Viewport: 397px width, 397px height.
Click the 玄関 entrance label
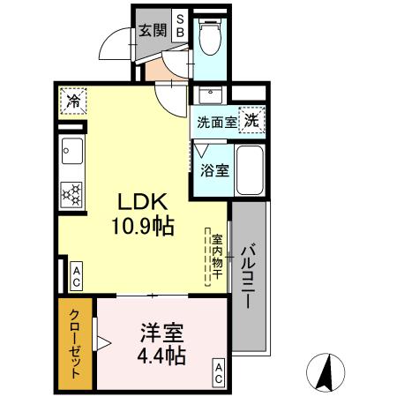click(153, 30)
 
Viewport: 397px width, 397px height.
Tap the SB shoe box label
click(179, 25)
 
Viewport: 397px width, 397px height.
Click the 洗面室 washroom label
click(216, 123)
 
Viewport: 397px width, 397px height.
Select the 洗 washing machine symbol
click(252, 119)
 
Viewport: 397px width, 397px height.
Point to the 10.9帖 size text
click(141, 227)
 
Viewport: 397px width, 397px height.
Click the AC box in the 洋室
click(217, 371)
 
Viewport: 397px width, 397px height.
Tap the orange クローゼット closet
click(77, 345)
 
